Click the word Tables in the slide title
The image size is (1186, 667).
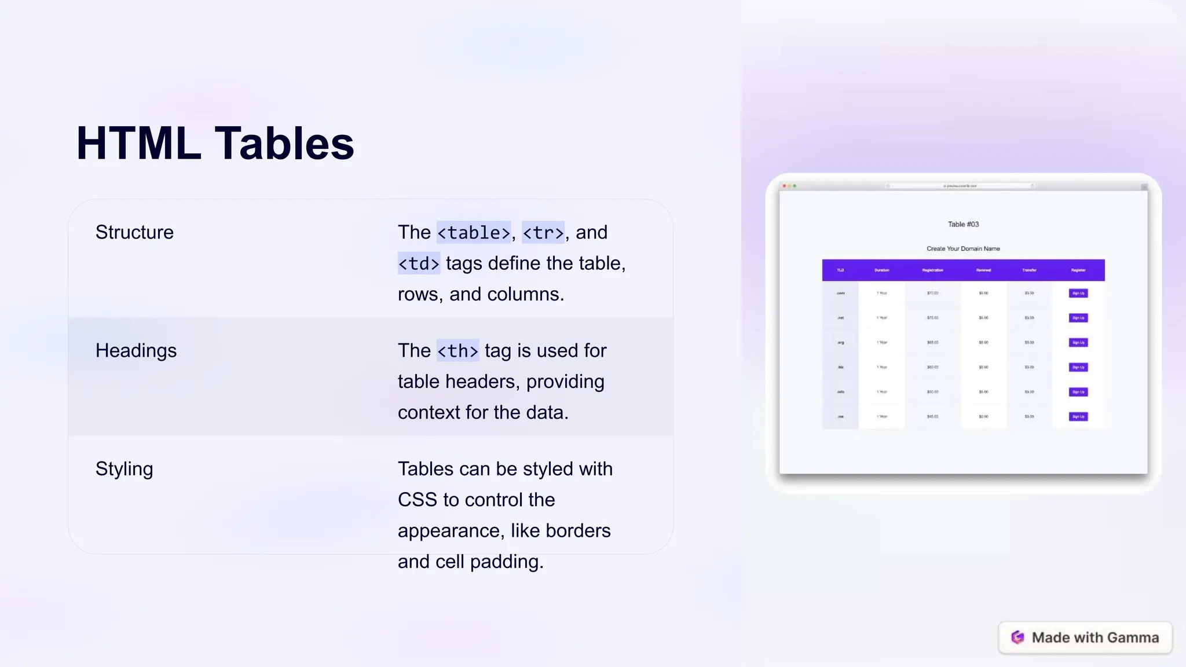point(284,144)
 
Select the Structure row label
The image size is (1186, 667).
point(134,232)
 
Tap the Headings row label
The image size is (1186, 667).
point(136,350)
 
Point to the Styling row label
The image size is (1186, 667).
point(125,469)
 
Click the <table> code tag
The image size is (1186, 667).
point(474,233)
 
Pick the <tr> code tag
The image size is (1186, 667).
point(543,233)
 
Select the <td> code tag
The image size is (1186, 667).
point(419,263)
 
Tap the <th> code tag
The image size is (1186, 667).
point(457,351)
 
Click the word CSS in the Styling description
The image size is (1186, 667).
point(417,500)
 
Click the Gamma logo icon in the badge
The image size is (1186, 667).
point(1017,637)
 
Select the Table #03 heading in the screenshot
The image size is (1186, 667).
point(963,224)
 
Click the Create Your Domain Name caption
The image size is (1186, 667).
point(963,248)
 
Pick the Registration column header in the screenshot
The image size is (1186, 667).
point(932,270)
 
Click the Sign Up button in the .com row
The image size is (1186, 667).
point(1078,293)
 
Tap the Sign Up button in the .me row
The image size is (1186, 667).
point(1078,416)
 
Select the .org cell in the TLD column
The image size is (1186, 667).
point(840,342)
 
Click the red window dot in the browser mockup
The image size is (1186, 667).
point(784,186)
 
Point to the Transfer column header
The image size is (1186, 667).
point(1029,270)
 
